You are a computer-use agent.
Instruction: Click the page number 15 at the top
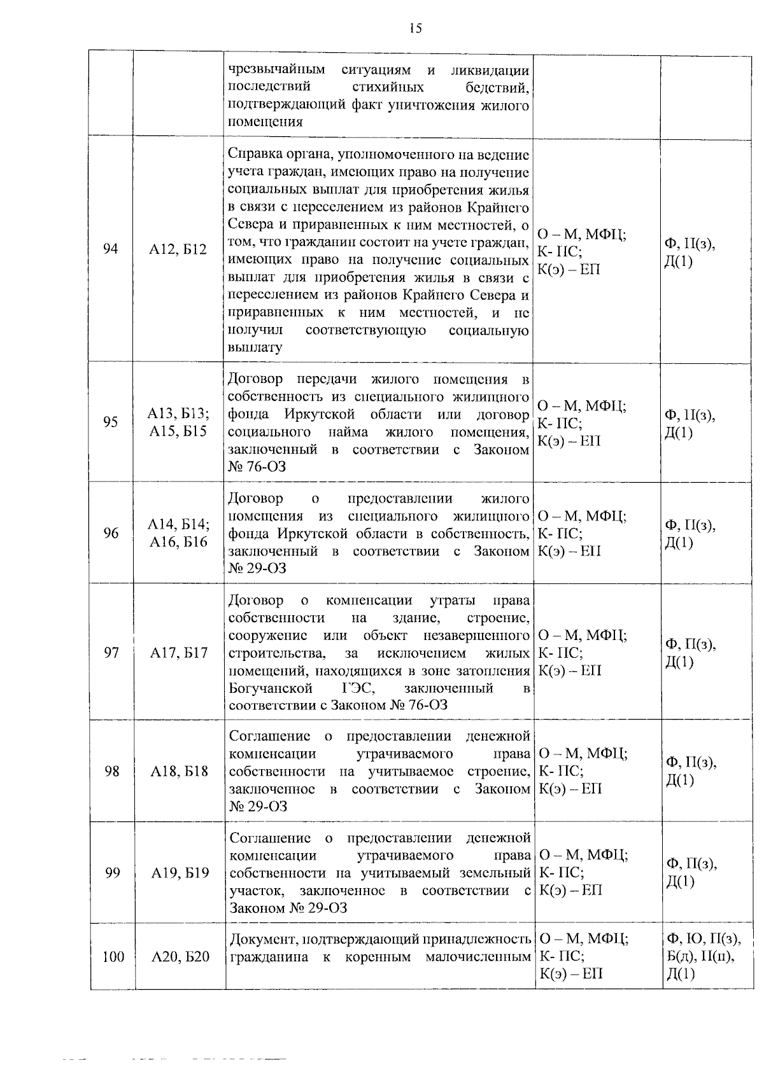click(415, 29)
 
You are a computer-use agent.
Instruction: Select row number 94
click(111, 249)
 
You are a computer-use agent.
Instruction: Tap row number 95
click(111, 422)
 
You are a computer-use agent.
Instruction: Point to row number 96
click(111, 533)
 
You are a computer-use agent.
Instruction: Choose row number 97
click(111, 653)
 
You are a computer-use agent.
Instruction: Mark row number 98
click(112, 771)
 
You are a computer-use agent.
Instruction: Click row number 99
click(112, 873)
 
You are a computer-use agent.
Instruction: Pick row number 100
click(113, 956)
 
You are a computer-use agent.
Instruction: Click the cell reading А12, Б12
click(178, 249)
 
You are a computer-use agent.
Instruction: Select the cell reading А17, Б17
click(179, 653)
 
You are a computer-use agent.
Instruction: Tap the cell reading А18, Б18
click(180, 771)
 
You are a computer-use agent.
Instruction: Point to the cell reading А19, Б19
click(180, 873)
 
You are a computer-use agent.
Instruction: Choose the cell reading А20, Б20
click(180, 956)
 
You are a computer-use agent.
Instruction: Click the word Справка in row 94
click(254, 155)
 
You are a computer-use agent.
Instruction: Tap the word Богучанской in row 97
click(271, 688)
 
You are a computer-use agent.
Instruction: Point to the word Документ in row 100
click(262, 939)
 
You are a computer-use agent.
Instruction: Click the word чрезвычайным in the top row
click(276, 69)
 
